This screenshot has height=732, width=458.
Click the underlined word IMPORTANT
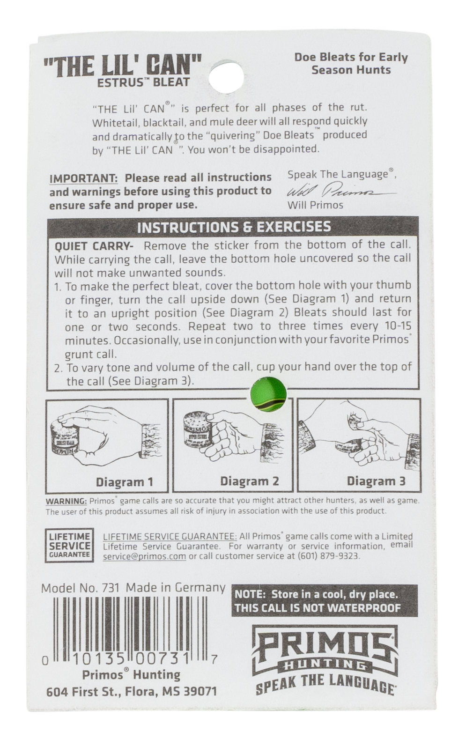tap(83, 179)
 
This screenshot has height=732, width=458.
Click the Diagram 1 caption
tap(124, 482)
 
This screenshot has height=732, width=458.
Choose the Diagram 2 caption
tap(250, 481)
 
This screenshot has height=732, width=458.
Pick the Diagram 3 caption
tap(376, 481)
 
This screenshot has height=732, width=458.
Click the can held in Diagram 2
tap(198, 431)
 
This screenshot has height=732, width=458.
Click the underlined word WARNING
tap(66, 501)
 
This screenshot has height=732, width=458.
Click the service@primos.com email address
tap(144, 556)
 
